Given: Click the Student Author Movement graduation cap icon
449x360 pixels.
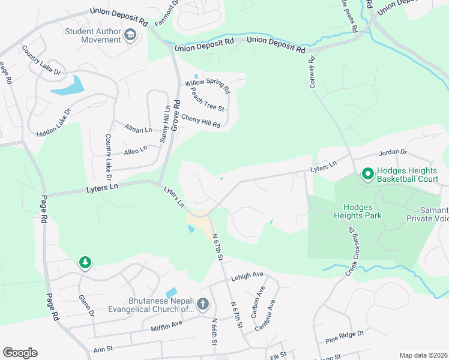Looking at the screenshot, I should coord(130,35).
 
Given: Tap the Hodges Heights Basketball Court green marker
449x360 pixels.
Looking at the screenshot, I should coord(367,174).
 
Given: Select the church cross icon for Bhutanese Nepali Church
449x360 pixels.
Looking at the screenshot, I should coord(202,304).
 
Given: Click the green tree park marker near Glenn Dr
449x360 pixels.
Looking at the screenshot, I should coord(85,262).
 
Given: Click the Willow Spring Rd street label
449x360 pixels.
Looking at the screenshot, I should coord(208,86).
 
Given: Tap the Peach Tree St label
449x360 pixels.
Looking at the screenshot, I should coord(207,100).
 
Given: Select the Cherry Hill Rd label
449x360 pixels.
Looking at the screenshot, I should coord(200,121).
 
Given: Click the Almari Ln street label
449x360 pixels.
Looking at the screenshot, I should coord(138,128).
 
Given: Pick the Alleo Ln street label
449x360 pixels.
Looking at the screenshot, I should coord(135,149).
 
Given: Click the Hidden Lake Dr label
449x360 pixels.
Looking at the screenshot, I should coord(53,121).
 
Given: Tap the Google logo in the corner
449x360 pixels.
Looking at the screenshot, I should coord(20,352).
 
